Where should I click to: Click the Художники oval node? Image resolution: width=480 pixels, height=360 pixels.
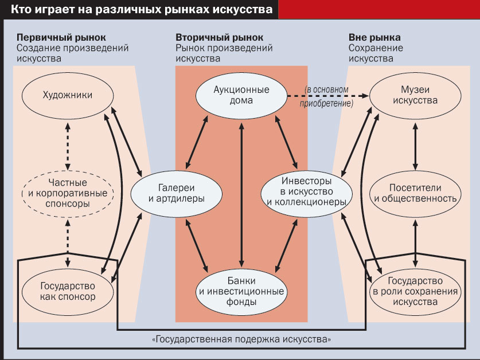click(x=68, y=96)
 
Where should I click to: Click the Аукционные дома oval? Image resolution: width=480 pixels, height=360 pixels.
click(x=241, y=95)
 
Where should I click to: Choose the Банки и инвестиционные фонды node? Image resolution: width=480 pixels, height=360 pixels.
click(x=241, y=289)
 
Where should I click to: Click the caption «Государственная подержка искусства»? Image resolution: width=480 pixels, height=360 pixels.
click(x=241, y=339)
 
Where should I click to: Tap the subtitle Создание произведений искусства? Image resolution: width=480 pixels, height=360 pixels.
click(x=72, y=53)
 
